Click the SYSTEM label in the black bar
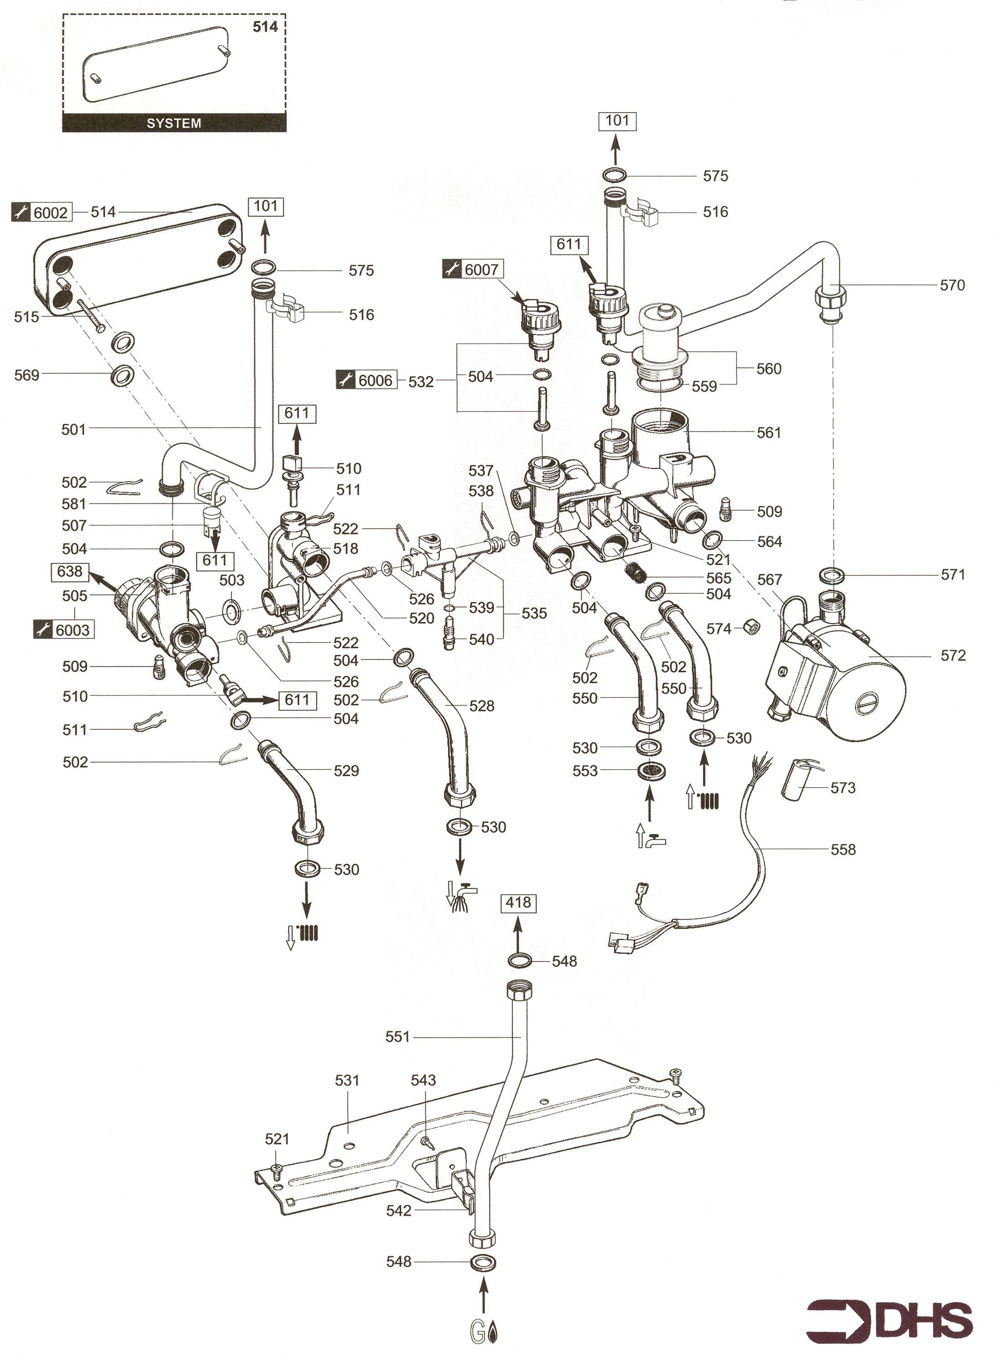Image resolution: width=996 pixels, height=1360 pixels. click(x=174, y=123)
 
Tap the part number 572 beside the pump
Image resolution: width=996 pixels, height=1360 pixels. click(x=953, y=655)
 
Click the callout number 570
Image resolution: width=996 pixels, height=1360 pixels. click(x=952, y=285)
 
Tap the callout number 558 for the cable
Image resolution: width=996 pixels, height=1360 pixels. click(x=843, y=849)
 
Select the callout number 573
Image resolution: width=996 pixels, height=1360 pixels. click(x=843, y=788)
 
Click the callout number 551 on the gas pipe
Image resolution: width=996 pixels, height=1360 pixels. click(x=397, y=1037)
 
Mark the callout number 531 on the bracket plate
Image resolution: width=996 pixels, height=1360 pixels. click(x=347, y=1080)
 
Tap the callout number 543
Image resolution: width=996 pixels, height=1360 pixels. click(x=423, y=1080)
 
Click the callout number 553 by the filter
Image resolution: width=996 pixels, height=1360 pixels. click(x=585, y=771)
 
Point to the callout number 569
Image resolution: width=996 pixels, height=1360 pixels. click(x=26, y=375)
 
